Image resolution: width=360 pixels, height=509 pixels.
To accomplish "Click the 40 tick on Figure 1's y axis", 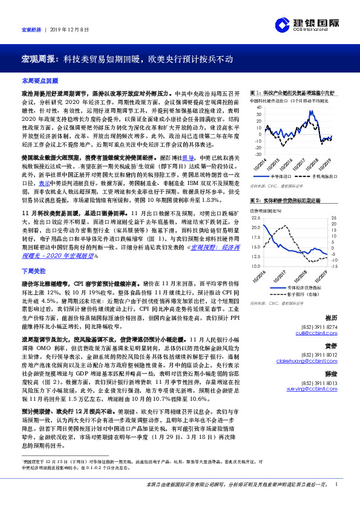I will point(259,108).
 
